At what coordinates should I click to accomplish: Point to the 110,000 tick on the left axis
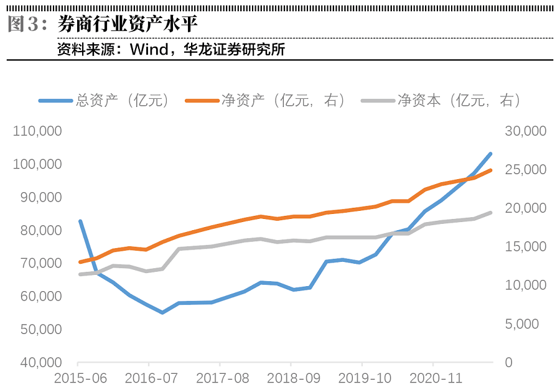(38, 131)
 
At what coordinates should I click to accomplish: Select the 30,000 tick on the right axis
(525, 131)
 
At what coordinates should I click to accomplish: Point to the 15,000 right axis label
(525, 247)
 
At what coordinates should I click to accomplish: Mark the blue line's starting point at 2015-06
(80, 221)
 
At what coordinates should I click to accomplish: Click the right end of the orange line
(490, 170)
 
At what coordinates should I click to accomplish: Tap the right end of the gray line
(490, 213)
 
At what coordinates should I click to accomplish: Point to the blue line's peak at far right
(490, 154)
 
